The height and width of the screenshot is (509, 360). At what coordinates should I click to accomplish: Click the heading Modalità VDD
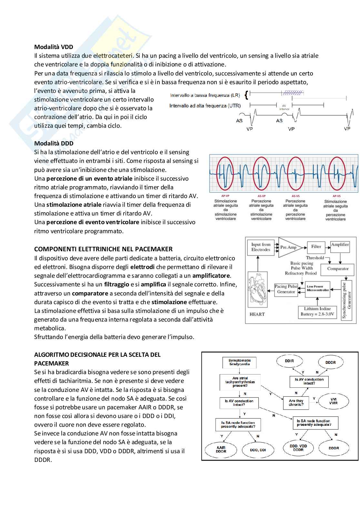pyautogui.click(x=54, y=47)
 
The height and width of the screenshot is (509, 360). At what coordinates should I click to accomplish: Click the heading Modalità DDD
pyautogui.click(x=54, y=143)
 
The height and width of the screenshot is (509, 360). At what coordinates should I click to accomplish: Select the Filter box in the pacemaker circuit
pyautogui.click(x=316, y=247)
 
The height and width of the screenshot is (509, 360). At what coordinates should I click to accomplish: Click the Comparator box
pyautogui.click(x=338, y=268)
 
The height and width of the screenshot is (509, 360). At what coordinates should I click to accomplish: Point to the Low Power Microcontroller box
pyautogui.click(x=318, y=288)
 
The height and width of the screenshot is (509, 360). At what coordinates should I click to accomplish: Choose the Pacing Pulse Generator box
pyautogui.click(x=286, y=289)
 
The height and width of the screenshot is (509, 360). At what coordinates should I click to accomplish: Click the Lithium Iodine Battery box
pyautogui.click(x=317, y=312)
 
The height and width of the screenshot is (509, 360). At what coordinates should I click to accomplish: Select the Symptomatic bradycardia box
pyautogui.click(x=240, y=362)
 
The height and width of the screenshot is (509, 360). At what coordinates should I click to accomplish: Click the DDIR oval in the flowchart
pyautogui.click(x=289, y=361)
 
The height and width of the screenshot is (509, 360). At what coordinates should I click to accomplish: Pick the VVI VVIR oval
pyautogui.click(x=333, y=401)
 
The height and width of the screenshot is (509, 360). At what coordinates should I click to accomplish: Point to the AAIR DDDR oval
pyautogui.click(x=221, y=449)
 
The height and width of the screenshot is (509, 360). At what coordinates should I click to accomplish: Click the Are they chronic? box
pyautogui.click(x=296, y=403)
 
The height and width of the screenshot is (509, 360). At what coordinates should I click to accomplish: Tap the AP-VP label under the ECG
pyautogui.click(x=225, y=196)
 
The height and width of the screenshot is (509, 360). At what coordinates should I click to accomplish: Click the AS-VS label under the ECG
pyautogui.click(x=295, y=196)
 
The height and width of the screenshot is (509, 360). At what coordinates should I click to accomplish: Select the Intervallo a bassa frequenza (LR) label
pyautogui.click(x=205, y=95)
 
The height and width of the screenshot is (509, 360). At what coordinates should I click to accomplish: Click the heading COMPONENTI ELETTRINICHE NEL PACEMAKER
pyautogui.click(x=103, y=249)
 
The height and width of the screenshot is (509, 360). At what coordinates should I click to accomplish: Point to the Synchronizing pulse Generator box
pyautogui.click(x=346, y=300)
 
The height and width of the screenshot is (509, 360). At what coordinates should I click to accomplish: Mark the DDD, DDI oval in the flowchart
pyautogui.click(x=258, y=450)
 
